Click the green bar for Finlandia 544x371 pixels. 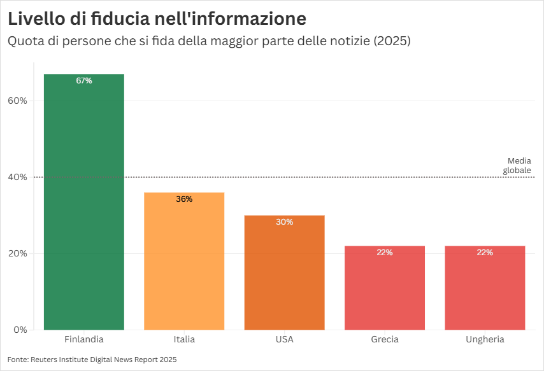tap(83, 204)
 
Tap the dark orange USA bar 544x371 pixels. tap(284, 274)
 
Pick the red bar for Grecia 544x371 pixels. tap(385, 290)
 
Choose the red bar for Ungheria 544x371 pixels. tap(485, 290)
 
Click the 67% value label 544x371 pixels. tap(83, 81)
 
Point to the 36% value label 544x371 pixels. tap(184, 199)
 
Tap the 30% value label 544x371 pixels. tap(284, 222)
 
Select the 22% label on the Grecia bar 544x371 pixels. tap(385, 253)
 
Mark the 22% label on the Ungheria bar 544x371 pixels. tap(485, 253)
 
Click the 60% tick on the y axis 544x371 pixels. tap(17, 101)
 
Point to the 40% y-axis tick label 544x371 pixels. tap(17, 177)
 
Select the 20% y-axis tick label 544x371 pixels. tap(17, 253)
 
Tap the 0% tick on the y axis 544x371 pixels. tap(20, 330)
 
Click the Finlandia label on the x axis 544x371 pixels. tap(83, 340)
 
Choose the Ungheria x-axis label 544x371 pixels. tap(485, 340)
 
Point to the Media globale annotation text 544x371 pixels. tap(518, 165)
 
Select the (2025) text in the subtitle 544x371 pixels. tap(392, 41)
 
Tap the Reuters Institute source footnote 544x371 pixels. tap(92, 360)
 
